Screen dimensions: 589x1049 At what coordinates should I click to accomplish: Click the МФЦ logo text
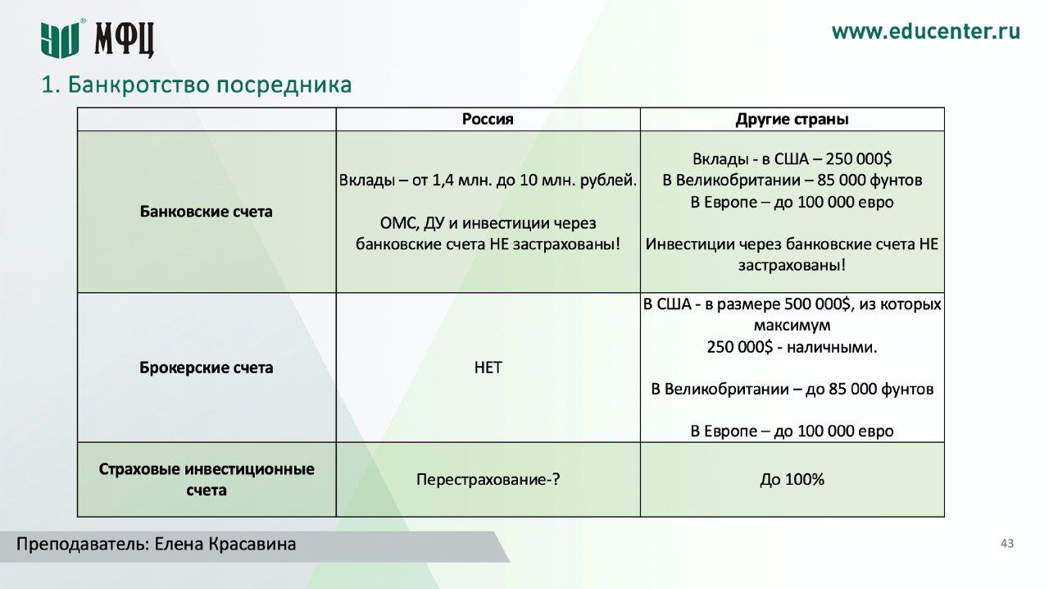coord(124,39)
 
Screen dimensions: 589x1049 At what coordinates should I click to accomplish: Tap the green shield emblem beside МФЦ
coord(60,39)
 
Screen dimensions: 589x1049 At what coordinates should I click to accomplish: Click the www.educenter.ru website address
coord(925,32)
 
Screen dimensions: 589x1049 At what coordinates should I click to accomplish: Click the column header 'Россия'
coord(488,119)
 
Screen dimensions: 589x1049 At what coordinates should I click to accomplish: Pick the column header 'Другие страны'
coord(792,119)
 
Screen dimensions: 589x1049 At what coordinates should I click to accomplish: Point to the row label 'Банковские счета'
coord(206,212)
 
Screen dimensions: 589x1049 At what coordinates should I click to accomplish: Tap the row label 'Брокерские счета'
coord(206,368)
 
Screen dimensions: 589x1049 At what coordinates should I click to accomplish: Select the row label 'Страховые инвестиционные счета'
coord(206,480)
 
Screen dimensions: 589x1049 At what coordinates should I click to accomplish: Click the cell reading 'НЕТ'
coord(488,368)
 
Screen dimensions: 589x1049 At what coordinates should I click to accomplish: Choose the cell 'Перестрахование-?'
coord(488,480)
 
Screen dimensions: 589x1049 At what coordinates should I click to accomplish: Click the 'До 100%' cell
coord(792,480)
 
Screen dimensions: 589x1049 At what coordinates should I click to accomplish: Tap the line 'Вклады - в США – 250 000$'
coord(792,159)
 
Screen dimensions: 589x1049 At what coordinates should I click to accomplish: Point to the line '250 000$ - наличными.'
coord(792,347)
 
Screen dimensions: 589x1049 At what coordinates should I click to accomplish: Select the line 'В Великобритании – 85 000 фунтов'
coord(792,180)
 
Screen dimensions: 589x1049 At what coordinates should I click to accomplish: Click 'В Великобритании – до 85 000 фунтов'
coord(792,389)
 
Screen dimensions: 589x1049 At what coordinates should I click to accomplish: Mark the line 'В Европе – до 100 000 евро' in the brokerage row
coord(792,431)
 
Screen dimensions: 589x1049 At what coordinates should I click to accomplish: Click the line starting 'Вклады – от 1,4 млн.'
coord(488,180)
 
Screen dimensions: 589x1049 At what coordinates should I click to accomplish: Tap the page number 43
coord(1007,544)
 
